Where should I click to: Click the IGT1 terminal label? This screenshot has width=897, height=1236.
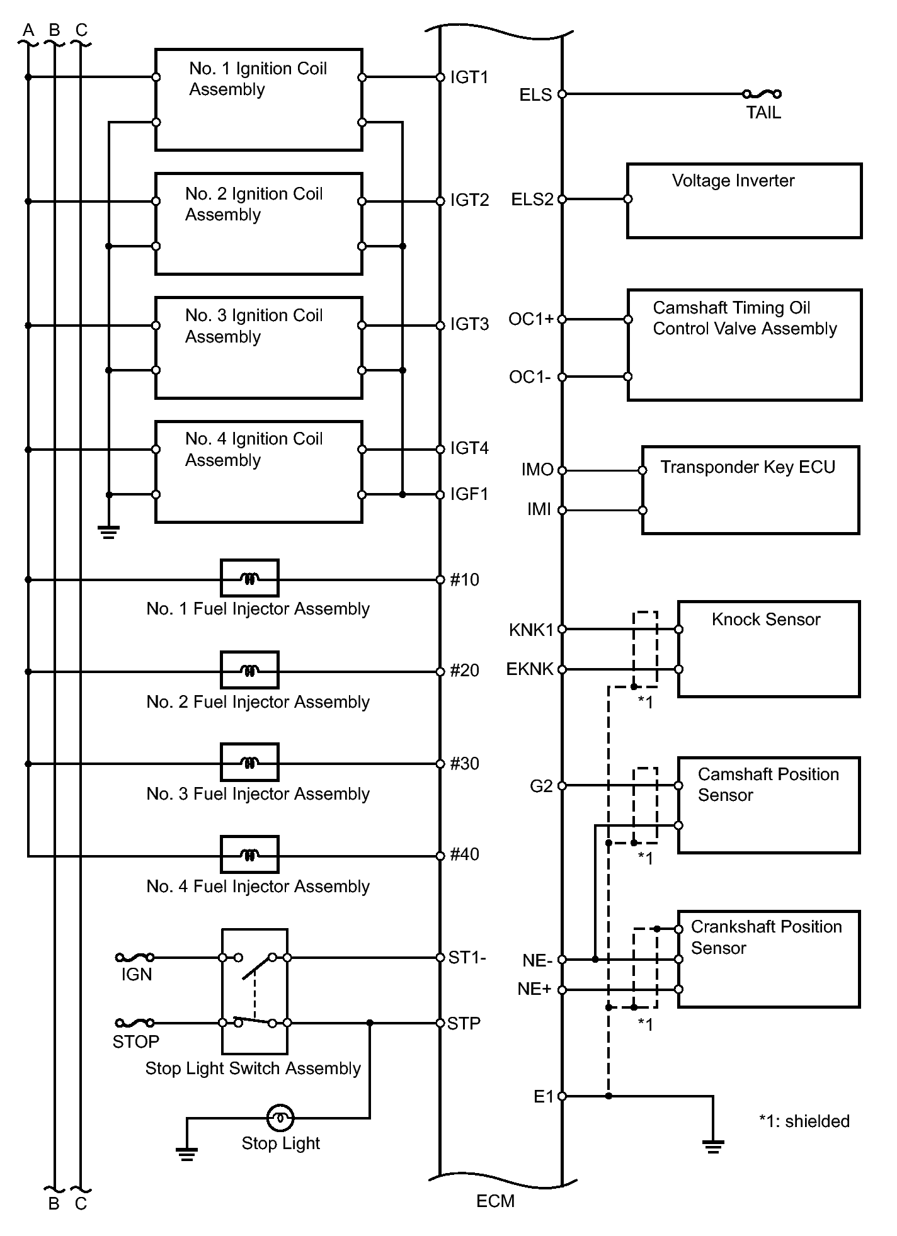click(x=469, y=77)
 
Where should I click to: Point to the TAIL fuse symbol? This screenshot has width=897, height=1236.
click(x=762, y=94)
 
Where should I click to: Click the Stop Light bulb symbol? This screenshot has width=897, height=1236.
click(x=280, y=1118)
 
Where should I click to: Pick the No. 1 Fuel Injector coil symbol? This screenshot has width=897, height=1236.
click(x=249, y=578)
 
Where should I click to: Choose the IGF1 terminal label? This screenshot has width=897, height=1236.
click(x=469, y=494)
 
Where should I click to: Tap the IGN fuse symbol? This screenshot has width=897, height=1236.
click(x=135, y=957)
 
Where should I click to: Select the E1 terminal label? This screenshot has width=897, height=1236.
click(x=544, y=1096)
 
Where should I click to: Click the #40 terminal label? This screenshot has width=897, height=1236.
click(x=465, y=854)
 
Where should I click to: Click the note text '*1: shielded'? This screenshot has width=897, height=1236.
click(x=804, y=1121)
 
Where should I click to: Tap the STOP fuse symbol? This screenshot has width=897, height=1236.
click(x=135, y=1023)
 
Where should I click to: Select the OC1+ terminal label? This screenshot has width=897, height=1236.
click(x=531, y=319)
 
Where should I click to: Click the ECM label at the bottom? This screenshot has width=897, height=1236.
click(x=495, y=1201)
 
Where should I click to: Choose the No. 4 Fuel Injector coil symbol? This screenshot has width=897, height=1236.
click(x=249, y=854)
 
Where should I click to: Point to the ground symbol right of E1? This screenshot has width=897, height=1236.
click(x=713, y=1147)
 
